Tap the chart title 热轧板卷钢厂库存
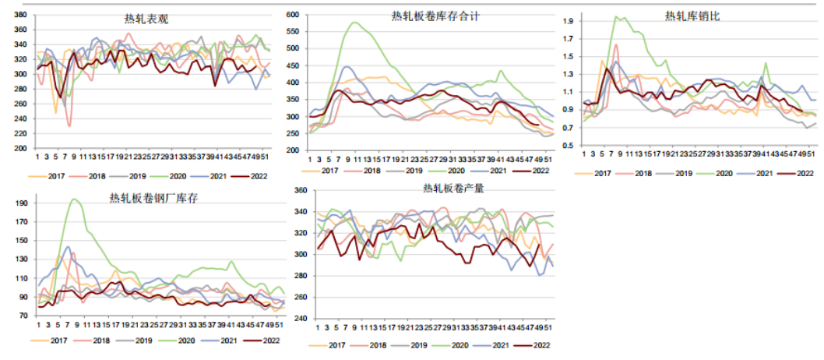tap(154, 199)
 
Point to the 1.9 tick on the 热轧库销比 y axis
tap(568, 20)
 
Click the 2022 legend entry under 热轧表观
tap(255, 176)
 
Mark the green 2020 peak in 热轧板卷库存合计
tap(355, 23)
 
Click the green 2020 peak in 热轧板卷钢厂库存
tap(75, 199)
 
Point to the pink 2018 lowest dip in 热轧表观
tap(69, 125)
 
